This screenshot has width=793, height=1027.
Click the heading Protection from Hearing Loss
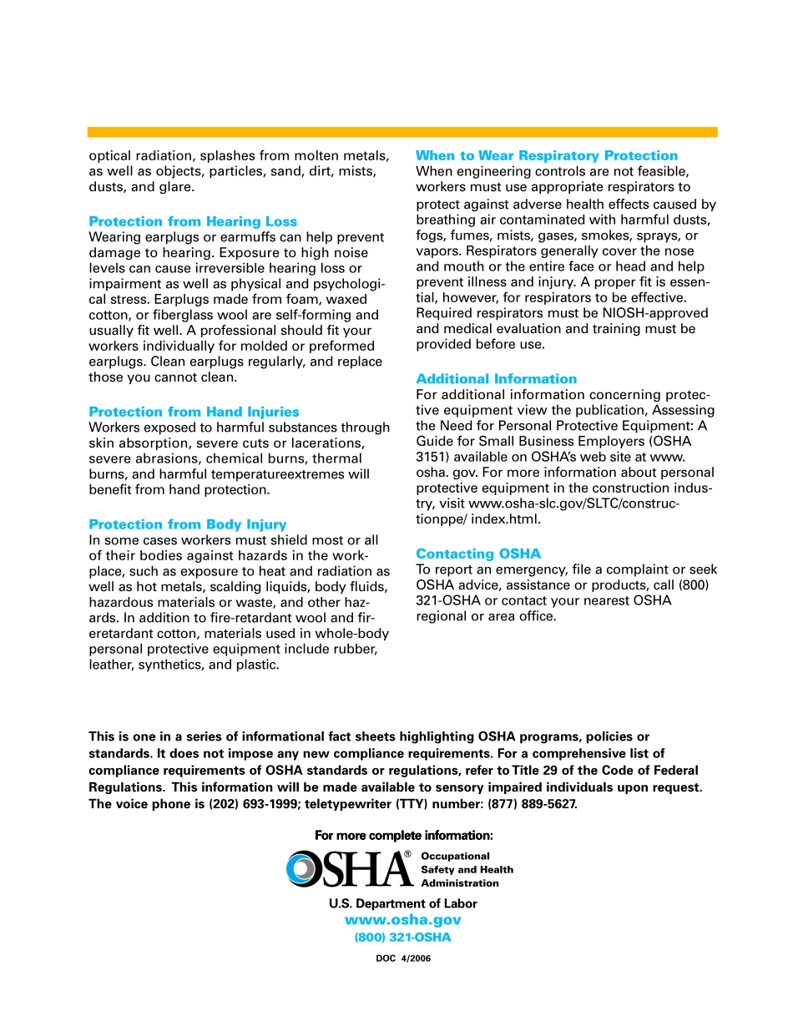pyautogui.click(x=193, y=221)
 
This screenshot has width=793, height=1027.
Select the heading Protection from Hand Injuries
pyautogui.click(x=194, y=412)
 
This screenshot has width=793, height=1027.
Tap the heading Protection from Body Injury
pyautogui.click(x=188, y=524)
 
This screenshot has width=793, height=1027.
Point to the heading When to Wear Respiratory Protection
pyautogui.click(x=547, y=155)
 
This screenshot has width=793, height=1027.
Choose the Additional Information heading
pyautogui.click(x=497, y=379)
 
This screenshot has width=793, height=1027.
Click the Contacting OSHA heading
pyautogui.click(x=478, y=554)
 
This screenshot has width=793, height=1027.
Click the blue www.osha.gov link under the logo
pyautogui.click(x=402, y=920)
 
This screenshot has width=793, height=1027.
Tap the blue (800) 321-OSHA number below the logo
pyautogui.click(x=402, y=937)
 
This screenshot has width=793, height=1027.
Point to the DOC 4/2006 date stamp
pyautogui.click(x=403, y=959)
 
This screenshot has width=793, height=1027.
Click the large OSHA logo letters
pyautogui.click(x=351, y=869)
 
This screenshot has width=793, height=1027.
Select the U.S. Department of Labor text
pyautogui.click(x=403, y=903)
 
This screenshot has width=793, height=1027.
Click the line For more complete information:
pyautogui.click(x=404, y=836)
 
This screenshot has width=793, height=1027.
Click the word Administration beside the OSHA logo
pyautogui.click(x=460, y=883)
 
